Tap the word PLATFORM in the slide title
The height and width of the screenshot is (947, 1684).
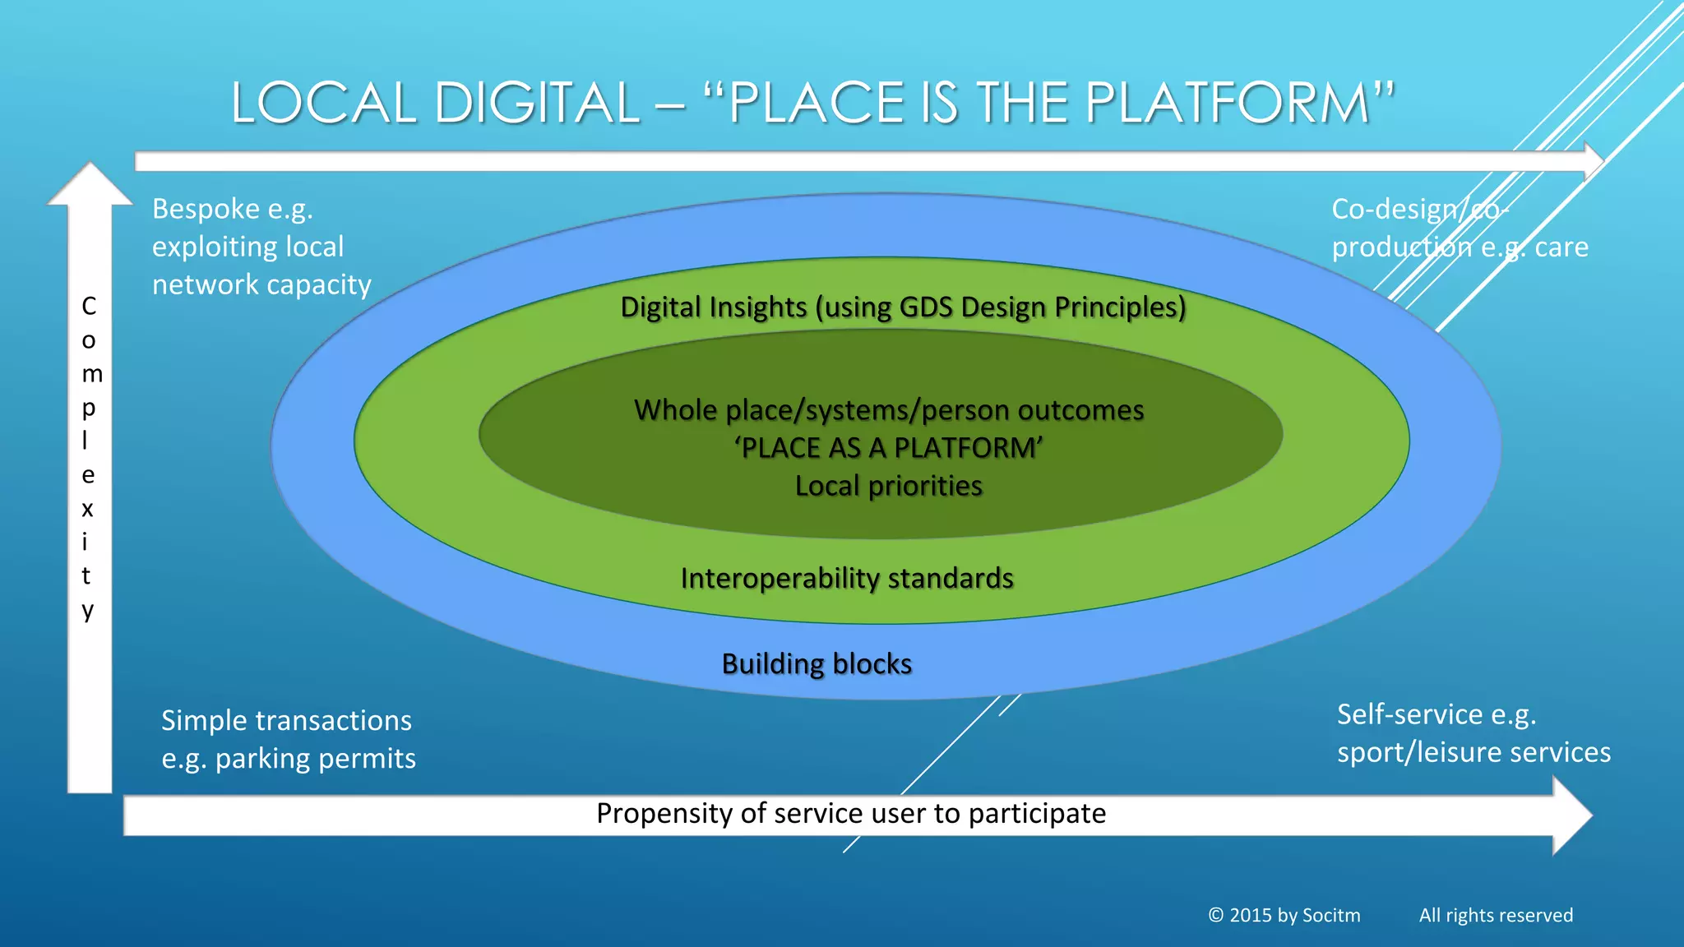tap(1225, 104)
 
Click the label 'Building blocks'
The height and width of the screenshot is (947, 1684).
tap(817, 663)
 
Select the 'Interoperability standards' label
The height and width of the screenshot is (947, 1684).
tap(847, 578)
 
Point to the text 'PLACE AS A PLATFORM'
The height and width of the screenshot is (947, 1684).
tap(888, 448)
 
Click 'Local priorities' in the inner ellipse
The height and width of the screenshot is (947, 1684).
tap(888, 486)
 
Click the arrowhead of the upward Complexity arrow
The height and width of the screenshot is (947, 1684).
tap(90, 184)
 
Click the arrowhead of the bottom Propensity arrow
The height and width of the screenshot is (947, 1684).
tap(1572, 815)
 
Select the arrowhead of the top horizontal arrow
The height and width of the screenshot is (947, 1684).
tap(1594, 160)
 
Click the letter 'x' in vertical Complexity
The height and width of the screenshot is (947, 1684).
tap(88, 509)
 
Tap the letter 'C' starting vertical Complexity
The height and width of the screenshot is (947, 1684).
tap(89, 306)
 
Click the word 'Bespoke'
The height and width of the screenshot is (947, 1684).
tap(206, 209)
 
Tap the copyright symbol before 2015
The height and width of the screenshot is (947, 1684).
tap(1216, 915)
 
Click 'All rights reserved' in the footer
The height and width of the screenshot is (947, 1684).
tap(1496, 915)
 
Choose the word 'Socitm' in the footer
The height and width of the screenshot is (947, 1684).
tap(1331, 915)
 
